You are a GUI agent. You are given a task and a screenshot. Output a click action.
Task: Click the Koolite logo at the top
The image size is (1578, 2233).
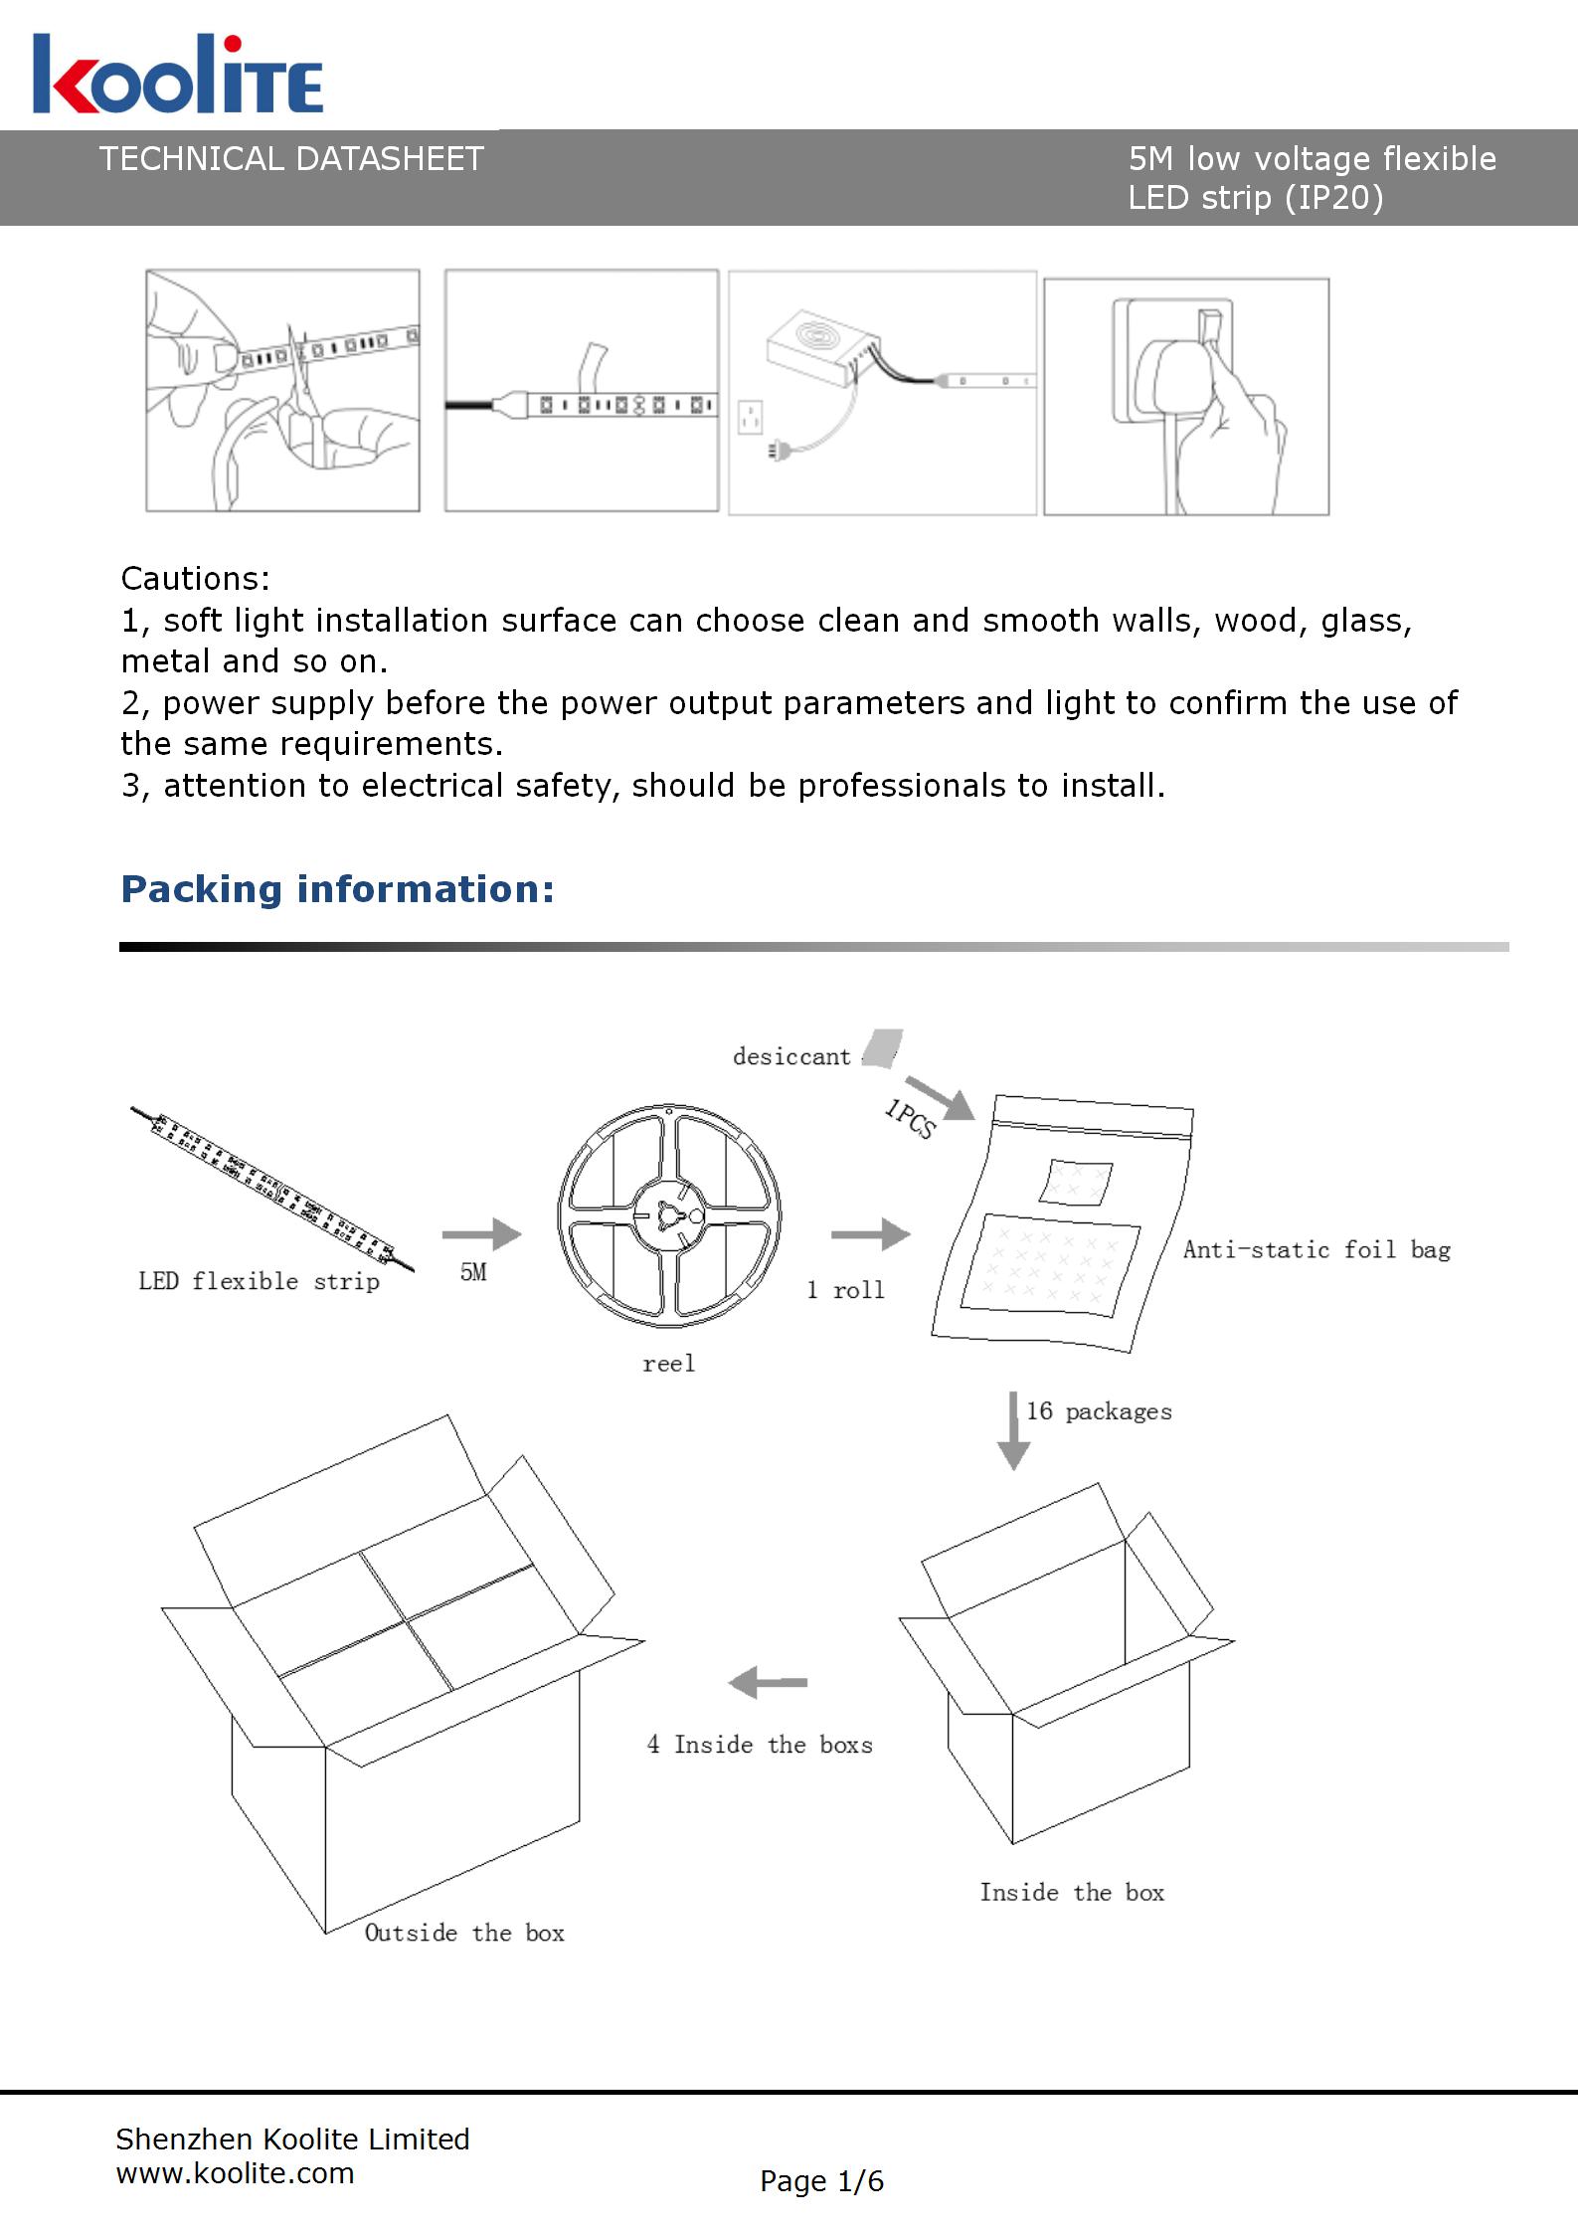pos(177,76)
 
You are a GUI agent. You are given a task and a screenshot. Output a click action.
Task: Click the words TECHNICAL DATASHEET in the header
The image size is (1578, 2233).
pos(291,159)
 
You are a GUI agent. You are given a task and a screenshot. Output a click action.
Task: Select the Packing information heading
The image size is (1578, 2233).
pos(337,889)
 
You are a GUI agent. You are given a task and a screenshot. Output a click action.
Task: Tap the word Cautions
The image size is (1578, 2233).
pos(195,579)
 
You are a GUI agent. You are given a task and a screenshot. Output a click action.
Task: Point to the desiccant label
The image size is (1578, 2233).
pos(791,1056)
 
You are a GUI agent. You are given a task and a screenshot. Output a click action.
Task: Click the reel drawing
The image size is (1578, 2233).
pos(669,1214)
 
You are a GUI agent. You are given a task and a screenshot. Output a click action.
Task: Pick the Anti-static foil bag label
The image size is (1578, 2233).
pos(1316,1250)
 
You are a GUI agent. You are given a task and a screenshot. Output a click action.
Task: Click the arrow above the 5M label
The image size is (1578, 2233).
pos(481,1234)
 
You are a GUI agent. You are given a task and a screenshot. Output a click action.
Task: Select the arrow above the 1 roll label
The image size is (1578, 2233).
pos(870,1234)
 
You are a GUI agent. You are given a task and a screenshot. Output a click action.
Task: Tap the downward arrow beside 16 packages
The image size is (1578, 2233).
pos(1013,1430)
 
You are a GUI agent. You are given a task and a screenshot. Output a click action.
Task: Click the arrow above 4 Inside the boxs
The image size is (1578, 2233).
pos(768,1683)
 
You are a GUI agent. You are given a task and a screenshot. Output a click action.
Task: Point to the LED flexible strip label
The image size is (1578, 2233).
pos(259,1281)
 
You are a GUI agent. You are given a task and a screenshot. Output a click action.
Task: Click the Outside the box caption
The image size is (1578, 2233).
pos(464,1933)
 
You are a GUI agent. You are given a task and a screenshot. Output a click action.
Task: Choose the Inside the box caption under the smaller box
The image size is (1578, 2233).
pos(1072,1892)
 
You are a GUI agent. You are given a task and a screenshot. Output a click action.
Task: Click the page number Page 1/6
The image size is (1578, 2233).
pos(821,2181)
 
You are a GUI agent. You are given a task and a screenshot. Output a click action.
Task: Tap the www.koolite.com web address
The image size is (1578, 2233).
pos(235,2173)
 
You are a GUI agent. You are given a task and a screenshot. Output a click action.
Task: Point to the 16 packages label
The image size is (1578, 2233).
pos(1099,1411)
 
